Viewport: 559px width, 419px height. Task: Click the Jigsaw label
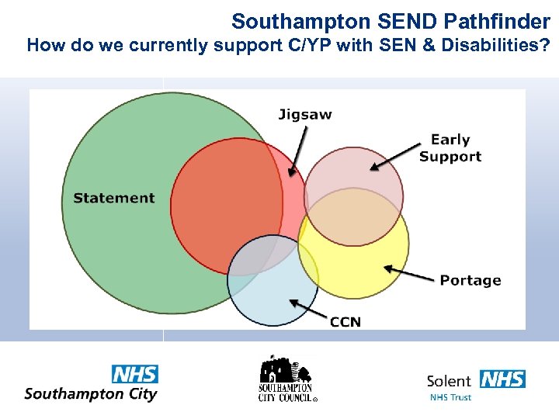point(305,115)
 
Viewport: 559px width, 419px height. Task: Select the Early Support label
point(450,147)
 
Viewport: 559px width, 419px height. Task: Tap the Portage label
point(470,280)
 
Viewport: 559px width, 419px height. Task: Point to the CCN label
point(345,321)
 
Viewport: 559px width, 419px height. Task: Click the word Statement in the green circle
point(114,198)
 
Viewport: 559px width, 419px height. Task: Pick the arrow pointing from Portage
point(409,273)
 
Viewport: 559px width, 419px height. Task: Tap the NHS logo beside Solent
point(502,379)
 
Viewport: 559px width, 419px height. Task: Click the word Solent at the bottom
point(449,381)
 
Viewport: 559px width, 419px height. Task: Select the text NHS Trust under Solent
point(450,397)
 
